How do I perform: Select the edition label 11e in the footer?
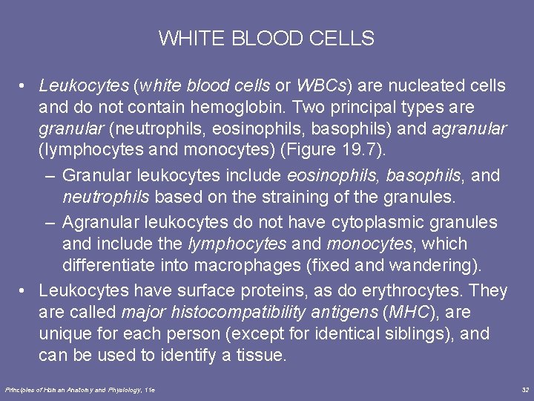click(150, 389)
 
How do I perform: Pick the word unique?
click(65, 333)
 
